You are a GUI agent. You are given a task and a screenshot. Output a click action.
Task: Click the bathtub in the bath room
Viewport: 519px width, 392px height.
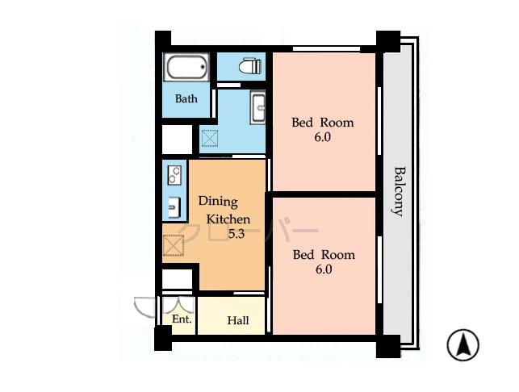pos(186,67)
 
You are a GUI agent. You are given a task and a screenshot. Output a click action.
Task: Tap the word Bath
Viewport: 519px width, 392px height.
pos(186,100)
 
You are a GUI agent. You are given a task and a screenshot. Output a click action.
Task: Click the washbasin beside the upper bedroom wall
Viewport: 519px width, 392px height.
pos(258,107)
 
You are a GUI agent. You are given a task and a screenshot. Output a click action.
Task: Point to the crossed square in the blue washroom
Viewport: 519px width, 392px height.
pos(209,140)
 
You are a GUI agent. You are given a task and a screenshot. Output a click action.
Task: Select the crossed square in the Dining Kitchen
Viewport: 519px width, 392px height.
pos(174,246)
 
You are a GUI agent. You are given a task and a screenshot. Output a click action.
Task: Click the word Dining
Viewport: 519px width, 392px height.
pos(219,202)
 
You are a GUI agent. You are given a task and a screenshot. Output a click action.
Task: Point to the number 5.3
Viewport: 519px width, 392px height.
pos(236,235)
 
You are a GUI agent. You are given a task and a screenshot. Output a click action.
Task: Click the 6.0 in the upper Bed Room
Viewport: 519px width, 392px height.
pos(323,138)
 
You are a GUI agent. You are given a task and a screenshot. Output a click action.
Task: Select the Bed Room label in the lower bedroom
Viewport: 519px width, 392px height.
pos(324,255)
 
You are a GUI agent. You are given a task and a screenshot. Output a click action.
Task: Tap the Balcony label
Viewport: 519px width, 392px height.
pos(398,190)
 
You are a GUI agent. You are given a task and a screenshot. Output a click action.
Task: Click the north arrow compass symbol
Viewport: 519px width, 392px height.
pos(462,345)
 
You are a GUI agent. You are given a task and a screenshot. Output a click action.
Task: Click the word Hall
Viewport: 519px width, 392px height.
pos(237,321)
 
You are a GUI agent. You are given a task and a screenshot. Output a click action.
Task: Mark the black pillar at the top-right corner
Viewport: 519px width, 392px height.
pos(387,41)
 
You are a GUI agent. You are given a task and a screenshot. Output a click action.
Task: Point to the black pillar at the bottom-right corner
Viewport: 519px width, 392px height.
pos(387,346)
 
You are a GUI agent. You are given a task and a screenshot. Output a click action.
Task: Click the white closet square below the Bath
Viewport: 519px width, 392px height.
pos(177,140)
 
